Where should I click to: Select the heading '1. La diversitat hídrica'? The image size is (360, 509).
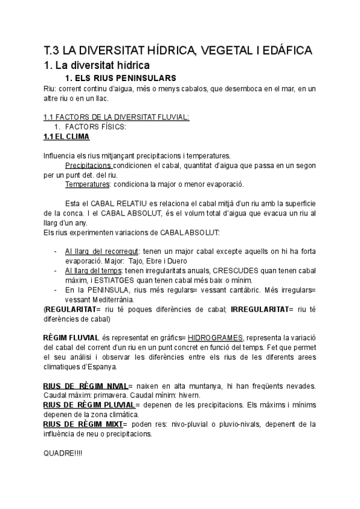[96, 64]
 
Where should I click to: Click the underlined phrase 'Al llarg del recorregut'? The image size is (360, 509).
[102, 251]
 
